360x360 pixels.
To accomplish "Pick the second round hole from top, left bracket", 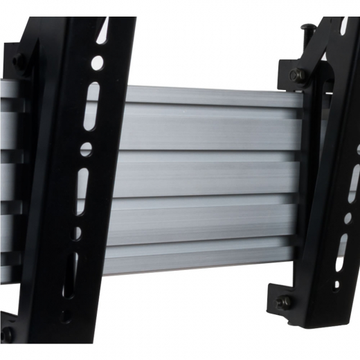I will [86, 148].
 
